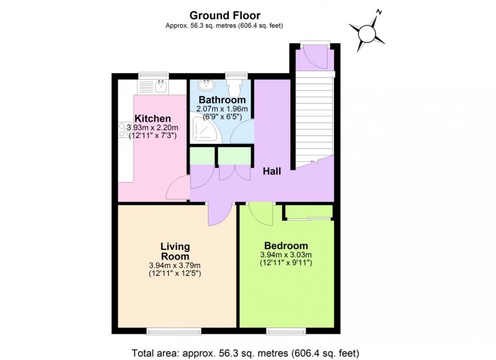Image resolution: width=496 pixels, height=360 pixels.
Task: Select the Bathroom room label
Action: coord(222,100)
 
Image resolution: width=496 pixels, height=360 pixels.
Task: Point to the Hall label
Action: coord(272,172)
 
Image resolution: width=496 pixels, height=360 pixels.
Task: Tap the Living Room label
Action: coord(175,251)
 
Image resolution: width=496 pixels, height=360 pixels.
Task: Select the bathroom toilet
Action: coord(236,87)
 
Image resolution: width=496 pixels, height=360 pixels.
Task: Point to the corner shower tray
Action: coord(205,132)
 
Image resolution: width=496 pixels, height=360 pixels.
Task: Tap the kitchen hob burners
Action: coord(125,131)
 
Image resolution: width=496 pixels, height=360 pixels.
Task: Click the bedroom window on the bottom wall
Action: coord(286,331)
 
